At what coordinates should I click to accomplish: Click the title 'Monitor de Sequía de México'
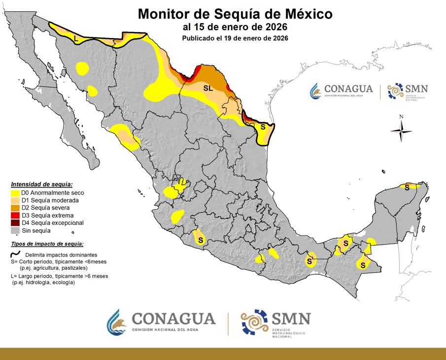pos(235,13)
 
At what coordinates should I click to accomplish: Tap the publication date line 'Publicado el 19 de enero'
pos(235,38)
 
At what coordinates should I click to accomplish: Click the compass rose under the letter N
pos(401,131)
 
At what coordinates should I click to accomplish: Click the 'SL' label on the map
pos(208,87)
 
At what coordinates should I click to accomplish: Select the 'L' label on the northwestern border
pos(75,38)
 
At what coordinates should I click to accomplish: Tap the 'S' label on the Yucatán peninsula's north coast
pos(407,187)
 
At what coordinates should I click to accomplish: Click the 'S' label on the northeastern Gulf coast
pos(263,127)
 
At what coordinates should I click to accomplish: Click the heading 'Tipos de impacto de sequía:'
pos(47,244)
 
